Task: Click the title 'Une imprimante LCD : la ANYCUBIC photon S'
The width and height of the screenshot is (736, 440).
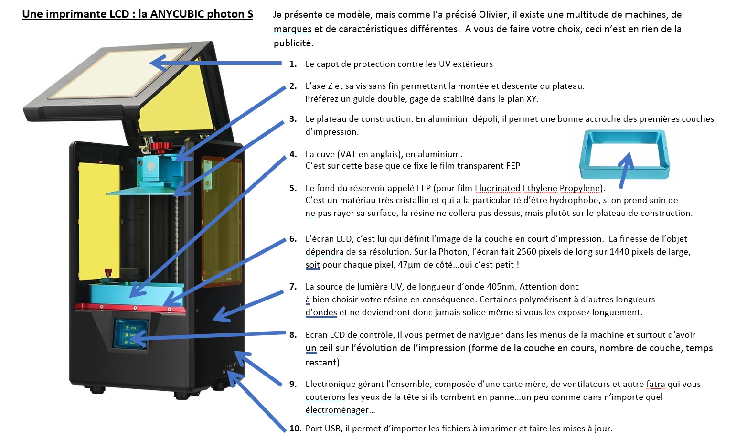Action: point(138,14)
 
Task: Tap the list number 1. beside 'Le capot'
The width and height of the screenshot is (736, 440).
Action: point(293,64)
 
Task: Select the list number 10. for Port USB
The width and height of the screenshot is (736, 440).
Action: point(295,429)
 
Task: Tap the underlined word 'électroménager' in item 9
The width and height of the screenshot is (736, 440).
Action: point(337,410)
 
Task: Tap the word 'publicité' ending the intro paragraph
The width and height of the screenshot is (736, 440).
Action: point(293,43)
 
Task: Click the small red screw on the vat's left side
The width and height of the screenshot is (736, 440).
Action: point(108,273)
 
